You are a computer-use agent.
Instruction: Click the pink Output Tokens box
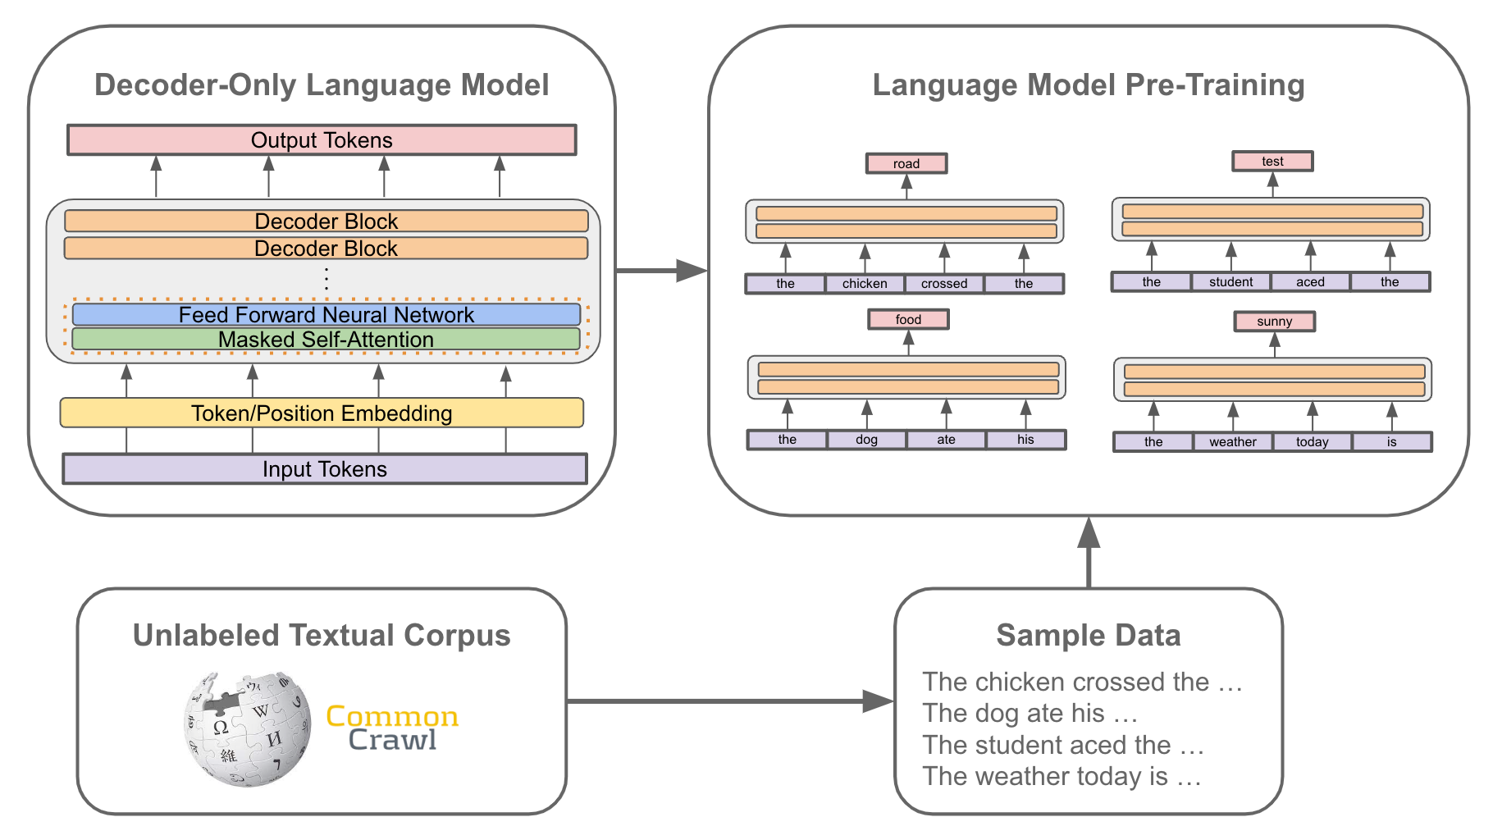[322, 140]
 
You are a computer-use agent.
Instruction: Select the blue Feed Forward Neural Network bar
[326, 315]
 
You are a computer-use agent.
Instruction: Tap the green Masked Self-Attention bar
[326, 340]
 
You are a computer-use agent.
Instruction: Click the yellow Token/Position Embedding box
[322, 413]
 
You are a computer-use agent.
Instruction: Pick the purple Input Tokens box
[325, 469]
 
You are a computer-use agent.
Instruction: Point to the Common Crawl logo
[392, 728]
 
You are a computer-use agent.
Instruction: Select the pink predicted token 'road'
[906, 163]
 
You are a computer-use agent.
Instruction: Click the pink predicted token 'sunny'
[1274, 322]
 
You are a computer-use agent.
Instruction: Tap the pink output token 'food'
[908, 319]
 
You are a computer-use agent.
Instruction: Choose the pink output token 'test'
[1272, 162]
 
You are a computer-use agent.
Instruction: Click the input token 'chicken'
[865, 284]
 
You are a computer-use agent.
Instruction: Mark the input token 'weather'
[1232, 442]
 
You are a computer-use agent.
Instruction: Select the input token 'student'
[1230, 282]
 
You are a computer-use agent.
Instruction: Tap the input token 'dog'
[866, 440]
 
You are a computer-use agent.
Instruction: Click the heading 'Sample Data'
[1088, 636]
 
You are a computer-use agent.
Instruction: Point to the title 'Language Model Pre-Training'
[1088, 85]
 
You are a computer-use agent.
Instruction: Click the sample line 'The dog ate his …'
[1030, 714]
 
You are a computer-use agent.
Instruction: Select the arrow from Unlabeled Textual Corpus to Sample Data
[730, 701]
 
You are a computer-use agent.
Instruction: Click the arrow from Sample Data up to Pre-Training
[1089, 554]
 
